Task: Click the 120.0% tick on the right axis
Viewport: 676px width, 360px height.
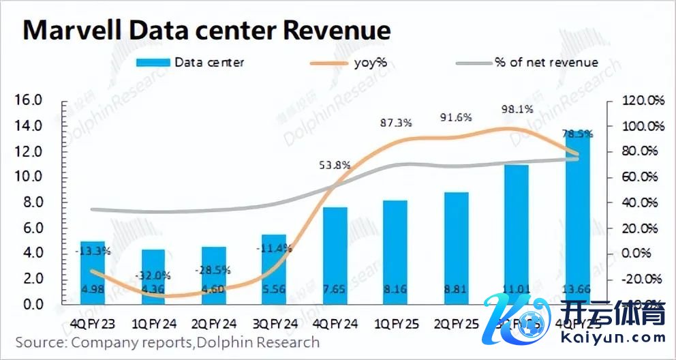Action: [x=643, y=101]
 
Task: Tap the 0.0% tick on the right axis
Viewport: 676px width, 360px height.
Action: [x=643, y=253]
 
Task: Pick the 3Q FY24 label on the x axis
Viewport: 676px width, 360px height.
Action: [x=280, y=322]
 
